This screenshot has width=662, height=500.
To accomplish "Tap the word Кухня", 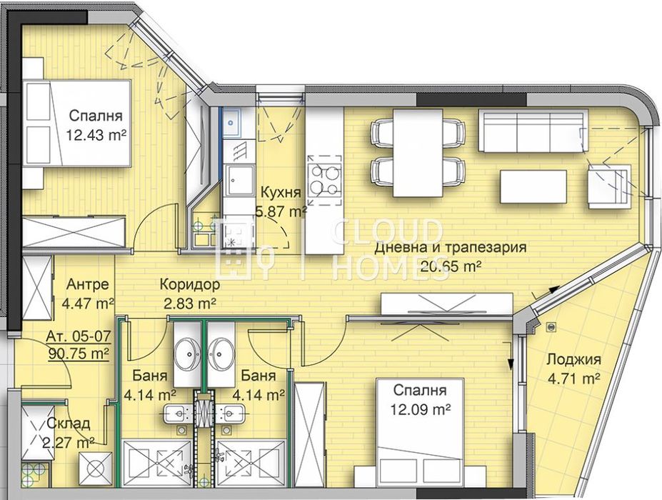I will coord(280,193).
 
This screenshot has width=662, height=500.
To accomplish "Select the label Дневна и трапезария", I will coord(450,249).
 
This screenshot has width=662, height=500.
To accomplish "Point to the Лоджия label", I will coord(573,360).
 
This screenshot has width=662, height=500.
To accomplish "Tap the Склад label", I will coord(68,424).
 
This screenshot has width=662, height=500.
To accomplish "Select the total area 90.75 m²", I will coord(78,353).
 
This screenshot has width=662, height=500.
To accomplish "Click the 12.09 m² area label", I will coord(418,410).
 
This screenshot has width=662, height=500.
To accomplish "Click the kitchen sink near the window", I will coord(232,123).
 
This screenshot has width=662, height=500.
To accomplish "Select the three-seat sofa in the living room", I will coord(532,131).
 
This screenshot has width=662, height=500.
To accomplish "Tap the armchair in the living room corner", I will coord(611,184).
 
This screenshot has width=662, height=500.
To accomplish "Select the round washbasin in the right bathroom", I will coord(221,354).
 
